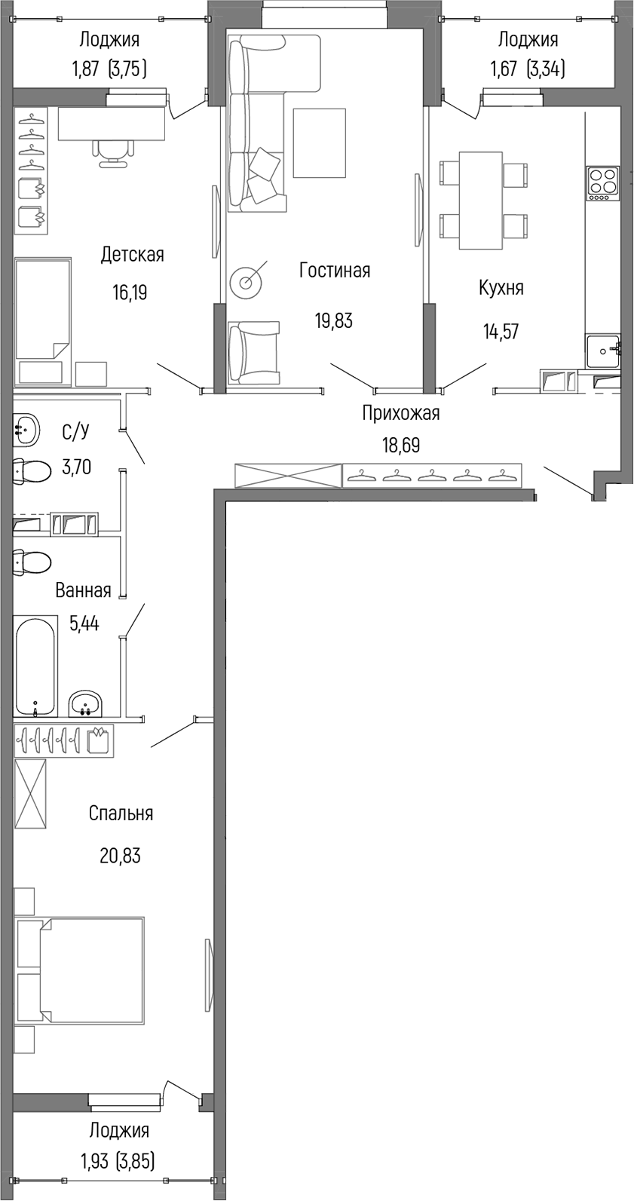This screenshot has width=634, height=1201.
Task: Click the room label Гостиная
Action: (334, 270)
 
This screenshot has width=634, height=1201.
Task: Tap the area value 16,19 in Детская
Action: (130, 293)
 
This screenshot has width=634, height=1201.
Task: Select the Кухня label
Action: (501, 287)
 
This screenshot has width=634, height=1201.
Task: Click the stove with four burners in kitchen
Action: (603, 182)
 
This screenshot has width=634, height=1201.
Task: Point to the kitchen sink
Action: (602, 350)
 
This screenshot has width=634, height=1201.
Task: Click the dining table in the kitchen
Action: (481, 200)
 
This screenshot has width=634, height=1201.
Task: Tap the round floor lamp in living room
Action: (247, 282)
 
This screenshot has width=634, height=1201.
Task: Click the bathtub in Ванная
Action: (35, 665)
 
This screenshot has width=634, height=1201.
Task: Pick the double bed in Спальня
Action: (80, 970)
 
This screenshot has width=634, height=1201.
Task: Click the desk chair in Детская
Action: (112, 153)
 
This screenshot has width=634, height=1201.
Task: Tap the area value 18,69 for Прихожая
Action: (400, 445)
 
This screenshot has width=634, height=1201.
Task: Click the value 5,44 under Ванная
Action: (84, 623)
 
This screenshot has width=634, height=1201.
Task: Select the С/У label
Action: (75, 432)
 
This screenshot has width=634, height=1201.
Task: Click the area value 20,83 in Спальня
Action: (120, 856)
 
